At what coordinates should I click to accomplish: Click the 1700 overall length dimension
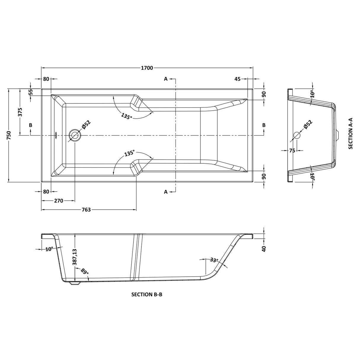[x=147, y=68]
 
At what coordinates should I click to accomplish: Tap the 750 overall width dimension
[x=9, y=135]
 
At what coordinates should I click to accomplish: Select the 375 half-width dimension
[x=20, y=112]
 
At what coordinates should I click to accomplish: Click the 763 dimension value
[x=86, y=210]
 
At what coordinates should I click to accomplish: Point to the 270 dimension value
[x=58, y=201]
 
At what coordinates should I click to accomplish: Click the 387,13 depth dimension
[x=75, y=257]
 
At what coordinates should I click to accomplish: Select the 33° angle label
[x=214, y=260]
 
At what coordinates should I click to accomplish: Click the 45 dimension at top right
[x=237, y=79]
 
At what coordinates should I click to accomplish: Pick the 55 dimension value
[x=31, y=92]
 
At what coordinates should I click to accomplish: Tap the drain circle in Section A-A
[x=297, y=135]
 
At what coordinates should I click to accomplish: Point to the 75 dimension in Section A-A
[x=292, y=151]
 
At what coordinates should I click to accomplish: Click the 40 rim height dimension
[x=264, y=248]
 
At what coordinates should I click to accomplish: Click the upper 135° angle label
[x=127, y=116]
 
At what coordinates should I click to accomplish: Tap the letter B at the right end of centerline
[x=264, y=125]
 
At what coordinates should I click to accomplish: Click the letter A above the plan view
[x=166, y=79]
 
